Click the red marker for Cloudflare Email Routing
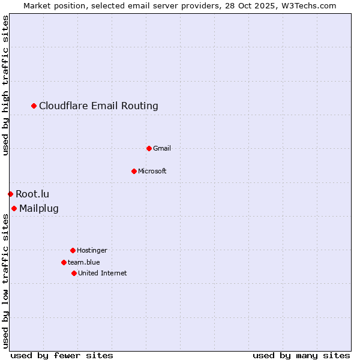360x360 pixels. [x=34, y=106]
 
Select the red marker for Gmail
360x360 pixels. [x=149, y=148]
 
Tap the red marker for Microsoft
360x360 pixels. [x=134, y=171]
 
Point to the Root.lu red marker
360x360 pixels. [x=10, y=194]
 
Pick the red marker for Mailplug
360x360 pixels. [x=14, y=208]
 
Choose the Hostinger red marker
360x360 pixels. [x=73, y=250]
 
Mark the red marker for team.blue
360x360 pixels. [x=64, y=262]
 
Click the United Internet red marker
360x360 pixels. [x=74, y=273]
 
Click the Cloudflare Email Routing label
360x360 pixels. [x=98, y=106]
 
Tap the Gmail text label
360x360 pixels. [x=162, y=149]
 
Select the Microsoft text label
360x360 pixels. [x=152, y=172]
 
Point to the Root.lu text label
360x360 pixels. [x=32, y=194]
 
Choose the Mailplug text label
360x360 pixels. [x=39, y=209]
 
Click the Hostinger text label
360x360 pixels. [x=92, y=251]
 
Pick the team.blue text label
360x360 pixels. [x=84, y=263]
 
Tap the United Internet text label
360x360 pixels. [x=103, y=274]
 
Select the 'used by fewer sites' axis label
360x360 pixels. [x=62, y=355]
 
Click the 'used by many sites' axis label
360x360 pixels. [x=301, y=355]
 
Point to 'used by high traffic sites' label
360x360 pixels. [x=6, y=85]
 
